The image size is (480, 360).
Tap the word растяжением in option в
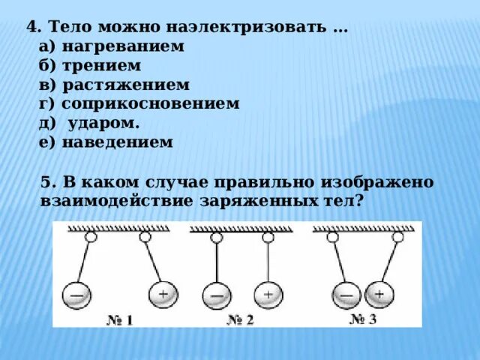click(x=125, y=85)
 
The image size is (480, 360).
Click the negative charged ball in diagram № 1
click(x=76, y=296)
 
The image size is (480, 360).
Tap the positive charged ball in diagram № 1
click(x=163, y=294)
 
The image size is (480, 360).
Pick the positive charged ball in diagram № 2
click(x=268, y=294)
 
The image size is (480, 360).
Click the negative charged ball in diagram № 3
click(x=346, y=294)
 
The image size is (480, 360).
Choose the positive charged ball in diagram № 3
click(x=378, y=294)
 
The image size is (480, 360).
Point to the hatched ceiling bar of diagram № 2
click(x=241, y=229)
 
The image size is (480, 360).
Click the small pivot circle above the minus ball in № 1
click(x=91, y=237)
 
